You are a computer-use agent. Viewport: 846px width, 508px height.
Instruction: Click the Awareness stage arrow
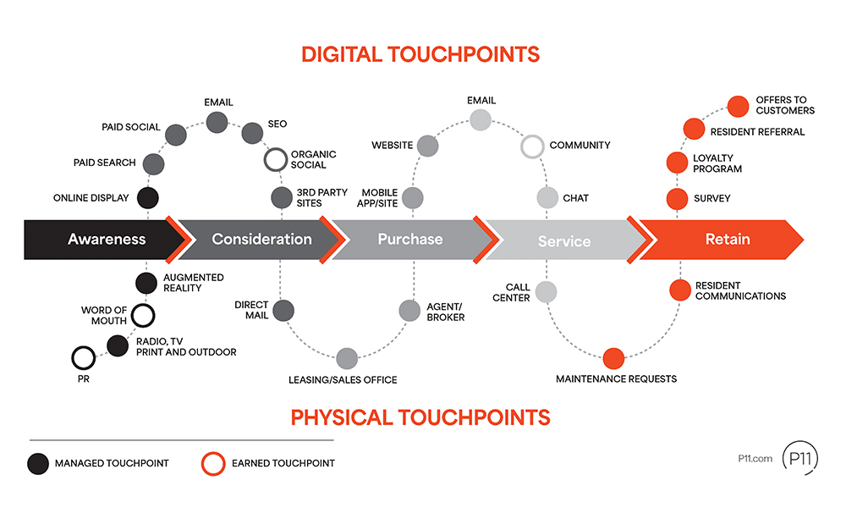(102, 239)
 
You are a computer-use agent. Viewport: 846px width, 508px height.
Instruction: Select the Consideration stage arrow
(258, 239)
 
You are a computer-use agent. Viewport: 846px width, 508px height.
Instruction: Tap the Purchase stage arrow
(410, 239)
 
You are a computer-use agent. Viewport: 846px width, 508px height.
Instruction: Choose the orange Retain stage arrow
(723, 239)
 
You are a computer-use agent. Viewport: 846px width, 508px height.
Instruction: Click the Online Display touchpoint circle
(147, 198)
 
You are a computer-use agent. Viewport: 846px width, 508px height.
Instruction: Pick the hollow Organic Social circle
(276, 159)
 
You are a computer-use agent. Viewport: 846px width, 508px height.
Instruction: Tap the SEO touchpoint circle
(253, 133)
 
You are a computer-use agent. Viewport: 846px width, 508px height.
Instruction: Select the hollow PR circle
(83, 357)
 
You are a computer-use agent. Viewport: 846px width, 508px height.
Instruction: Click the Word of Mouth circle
(143, 316)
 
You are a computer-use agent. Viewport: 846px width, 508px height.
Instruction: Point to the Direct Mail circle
(283, 310)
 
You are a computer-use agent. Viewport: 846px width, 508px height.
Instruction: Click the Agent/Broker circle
(409, 310)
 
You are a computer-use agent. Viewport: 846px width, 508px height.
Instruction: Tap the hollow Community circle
(532, 146)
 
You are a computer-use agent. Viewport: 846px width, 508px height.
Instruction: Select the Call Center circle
(547, 292)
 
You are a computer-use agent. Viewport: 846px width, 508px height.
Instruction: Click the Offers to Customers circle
(739, 106)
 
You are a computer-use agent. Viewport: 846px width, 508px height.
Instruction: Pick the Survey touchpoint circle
(677, 199)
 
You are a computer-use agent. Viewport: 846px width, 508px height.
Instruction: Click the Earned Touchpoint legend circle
(212, 463)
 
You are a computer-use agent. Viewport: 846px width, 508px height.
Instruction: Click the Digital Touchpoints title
(420, 55)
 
